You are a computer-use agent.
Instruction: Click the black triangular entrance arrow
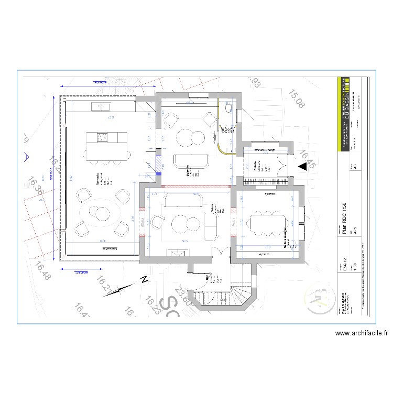click(303, 167)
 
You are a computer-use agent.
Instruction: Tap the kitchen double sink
click(101, 107)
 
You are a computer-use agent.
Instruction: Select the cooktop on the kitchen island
click(102, 138)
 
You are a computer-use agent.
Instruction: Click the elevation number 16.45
click(308, 158)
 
